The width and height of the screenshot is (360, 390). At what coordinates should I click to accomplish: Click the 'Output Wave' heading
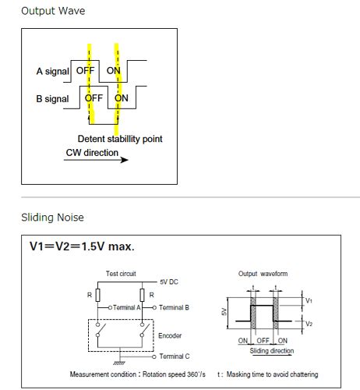(53, 11)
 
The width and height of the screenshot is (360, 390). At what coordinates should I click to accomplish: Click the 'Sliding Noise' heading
(52, 218)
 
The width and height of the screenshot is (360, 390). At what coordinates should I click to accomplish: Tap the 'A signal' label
(53, 71)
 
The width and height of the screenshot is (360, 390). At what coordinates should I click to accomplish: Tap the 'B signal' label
(52, 99)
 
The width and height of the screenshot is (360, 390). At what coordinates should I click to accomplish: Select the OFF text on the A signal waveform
(85, 70)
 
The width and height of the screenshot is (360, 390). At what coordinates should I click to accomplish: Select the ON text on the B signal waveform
(122, 98)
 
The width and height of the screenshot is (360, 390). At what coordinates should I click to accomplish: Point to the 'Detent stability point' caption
(120, 139)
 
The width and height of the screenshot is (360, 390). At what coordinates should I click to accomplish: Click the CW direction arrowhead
(125, 160)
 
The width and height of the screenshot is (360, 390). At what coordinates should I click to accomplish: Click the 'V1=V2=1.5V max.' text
(82, 246)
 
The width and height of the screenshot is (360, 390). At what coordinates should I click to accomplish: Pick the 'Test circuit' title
(121, 274)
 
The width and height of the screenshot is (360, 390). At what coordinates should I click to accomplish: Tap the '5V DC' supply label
(169, 282)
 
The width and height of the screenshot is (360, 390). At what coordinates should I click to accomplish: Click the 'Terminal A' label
(127, 307)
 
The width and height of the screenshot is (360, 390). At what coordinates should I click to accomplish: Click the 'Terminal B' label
(174, 307)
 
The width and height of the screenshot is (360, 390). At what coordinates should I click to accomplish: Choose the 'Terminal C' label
(175, 356)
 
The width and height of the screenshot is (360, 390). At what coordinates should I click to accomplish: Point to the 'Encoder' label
(170, 335)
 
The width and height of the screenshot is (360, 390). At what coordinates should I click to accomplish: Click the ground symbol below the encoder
(119, 363)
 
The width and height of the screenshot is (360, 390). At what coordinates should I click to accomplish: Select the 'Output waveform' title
(263, 274)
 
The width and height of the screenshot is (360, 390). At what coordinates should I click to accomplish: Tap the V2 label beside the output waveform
(309, 324)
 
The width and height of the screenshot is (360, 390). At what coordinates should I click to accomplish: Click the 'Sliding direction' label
(272, 351)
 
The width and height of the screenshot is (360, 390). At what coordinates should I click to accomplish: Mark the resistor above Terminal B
(142, 295)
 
